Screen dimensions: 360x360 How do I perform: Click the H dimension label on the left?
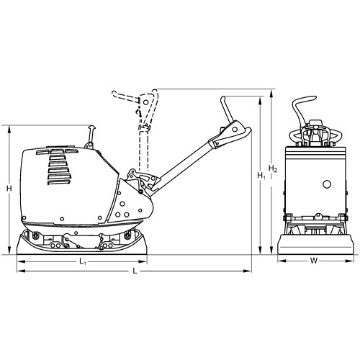pos(9,189)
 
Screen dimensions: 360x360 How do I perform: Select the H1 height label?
pos(261,176)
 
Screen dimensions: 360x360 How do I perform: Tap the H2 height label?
pos(273,168)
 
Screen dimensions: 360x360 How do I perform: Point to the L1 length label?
pos(83,262)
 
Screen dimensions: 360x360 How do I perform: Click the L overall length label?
pos(135,271)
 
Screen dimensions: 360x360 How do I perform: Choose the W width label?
pos(314,261)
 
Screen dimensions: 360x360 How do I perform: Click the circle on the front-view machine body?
pos(327,184)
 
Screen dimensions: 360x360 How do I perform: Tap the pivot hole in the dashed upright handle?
pos(145,102)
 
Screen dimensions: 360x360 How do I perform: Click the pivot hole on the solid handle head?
pos(235,130)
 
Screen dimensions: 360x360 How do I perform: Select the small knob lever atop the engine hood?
pos(91,136)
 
